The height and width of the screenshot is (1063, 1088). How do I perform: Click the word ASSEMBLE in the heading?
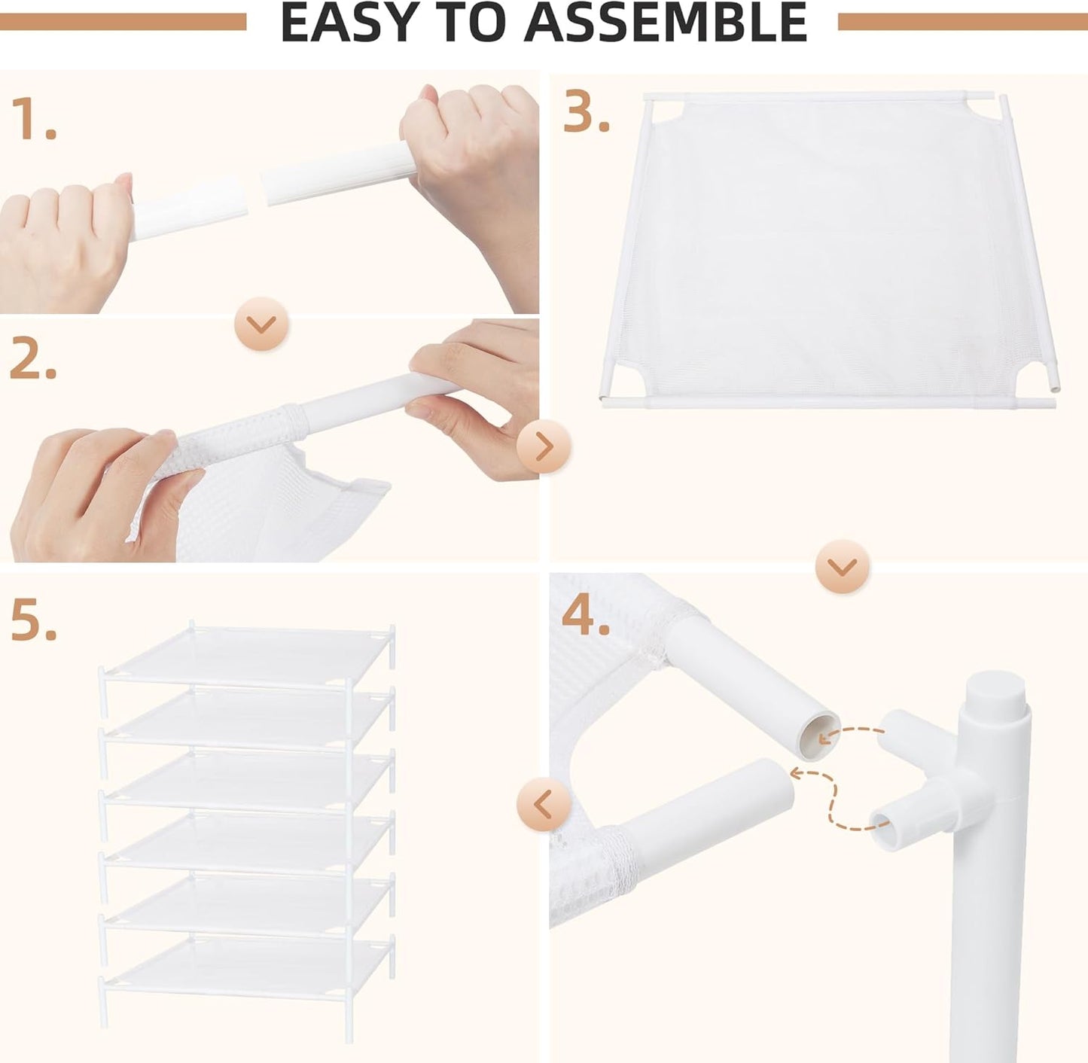[666, 23]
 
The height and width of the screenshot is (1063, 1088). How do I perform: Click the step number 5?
[32, 622]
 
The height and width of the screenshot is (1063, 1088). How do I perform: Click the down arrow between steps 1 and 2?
[262, 324]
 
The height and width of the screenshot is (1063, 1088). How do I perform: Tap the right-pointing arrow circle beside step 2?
[544, 447]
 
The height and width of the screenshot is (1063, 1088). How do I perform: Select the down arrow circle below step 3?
[843, 566]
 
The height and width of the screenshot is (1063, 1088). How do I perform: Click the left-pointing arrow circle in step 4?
[543, 805]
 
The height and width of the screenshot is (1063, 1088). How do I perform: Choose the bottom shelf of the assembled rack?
[248, 960]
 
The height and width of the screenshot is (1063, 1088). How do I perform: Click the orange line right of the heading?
[962, 22]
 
